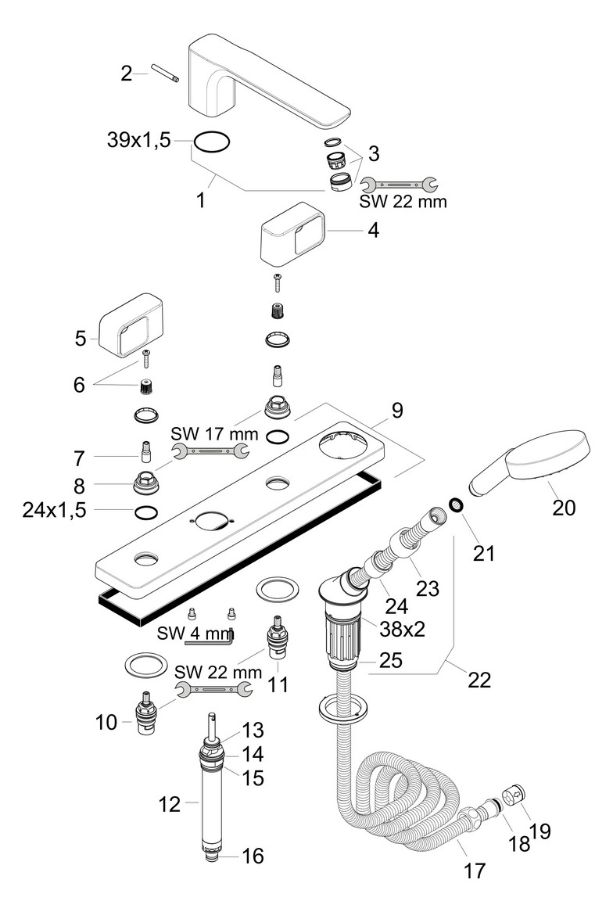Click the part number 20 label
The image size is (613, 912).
tap(564, 507)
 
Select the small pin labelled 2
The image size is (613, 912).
tap(166, 75)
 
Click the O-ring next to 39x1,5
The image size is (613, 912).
tap(212, 142)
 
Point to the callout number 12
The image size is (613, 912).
tap(169, 803)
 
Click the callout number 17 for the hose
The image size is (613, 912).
tap(475, 870)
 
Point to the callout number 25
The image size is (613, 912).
tap(391, 660)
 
